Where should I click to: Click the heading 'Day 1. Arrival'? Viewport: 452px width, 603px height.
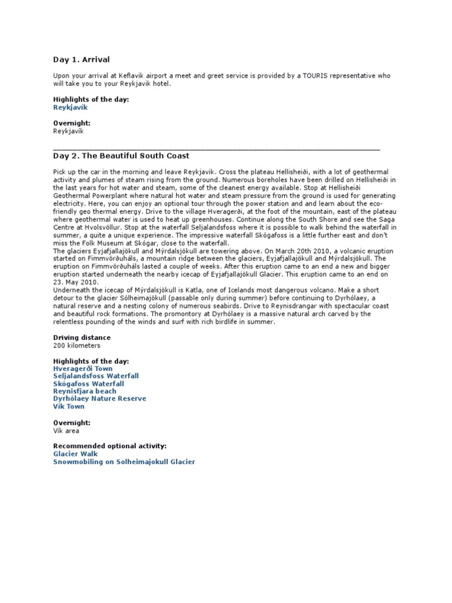pyautogui.click(x=81, y=59)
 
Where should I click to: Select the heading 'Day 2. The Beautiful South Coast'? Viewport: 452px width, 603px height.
pyautogui.click(x=121, y=155)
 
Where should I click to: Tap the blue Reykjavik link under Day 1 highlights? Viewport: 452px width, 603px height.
pyautogui.click(x=70, y=108)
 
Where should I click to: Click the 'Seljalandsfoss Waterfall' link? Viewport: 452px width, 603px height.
pyautogui.click(x=96, y=376)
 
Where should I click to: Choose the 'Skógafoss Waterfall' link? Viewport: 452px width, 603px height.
pyautogui.click(x=89, y=383)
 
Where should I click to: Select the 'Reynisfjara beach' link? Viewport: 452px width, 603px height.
pyautogui.click(x=85, y=391)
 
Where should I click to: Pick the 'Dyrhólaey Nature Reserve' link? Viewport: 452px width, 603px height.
pyautogui.click(x=99, y=399)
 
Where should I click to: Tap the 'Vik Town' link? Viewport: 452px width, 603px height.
pyautogui.click(x=69, y=406)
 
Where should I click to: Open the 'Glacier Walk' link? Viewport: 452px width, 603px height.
pyautogui.click(x=75, y=454)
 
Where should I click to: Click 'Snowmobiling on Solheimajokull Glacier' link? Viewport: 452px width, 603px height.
pyautogui.click(x=124, y=462)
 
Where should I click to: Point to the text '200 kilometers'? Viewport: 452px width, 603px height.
pyautogui.click(x=77, y=345)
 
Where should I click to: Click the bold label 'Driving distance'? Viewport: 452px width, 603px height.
pyautogui.click(x=82, y=337)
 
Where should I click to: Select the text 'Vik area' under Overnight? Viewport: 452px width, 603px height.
pyautogui.click(x=66, y=430)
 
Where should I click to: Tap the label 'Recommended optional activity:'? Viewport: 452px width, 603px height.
pyautogui.click(x=109, y=446)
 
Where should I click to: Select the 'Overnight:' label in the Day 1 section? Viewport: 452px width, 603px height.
pyautogui.click(x=72, y=124)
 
